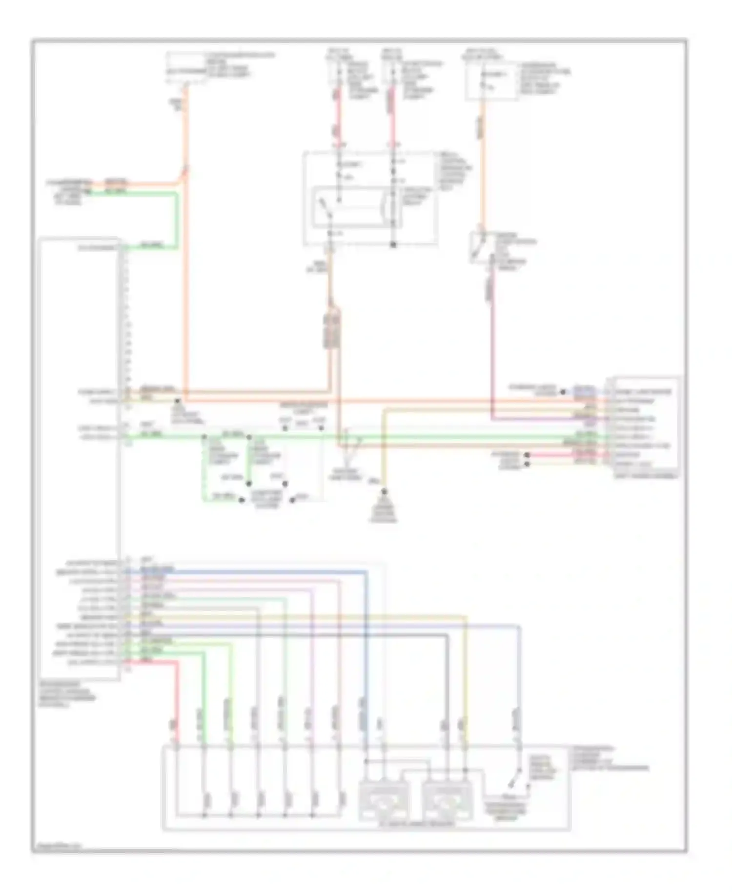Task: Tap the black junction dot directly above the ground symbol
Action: (x=384, y=491)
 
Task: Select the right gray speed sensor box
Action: (x=447, y=801)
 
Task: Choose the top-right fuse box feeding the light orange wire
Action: (x=492, y=81)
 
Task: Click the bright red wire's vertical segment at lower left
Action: (x=177, y=703)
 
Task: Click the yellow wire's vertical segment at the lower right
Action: (x=466, y=683)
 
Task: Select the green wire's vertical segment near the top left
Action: (x=176, y=220)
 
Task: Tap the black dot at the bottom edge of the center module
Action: (x=393, y=245)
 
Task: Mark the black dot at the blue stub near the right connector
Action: (x=563, y=391)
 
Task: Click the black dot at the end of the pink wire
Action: (x=527, y=455)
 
